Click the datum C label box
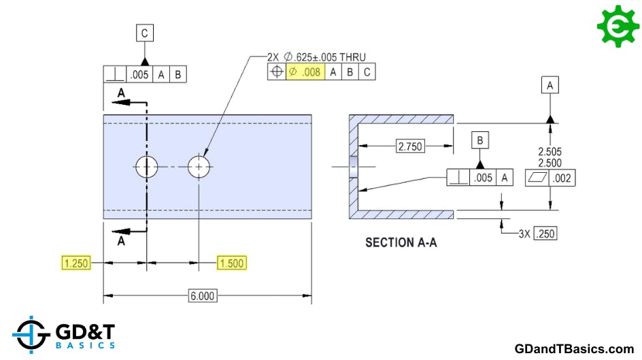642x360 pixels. [x=145, y=33]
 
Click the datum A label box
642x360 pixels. [x=550, y=84]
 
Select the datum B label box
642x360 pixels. [x=480, y=141]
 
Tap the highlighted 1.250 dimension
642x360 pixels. [x=75, y=263]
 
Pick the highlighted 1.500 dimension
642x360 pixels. [x=231, y=263]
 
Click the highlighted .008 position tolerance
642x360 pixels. [x=305, y=71]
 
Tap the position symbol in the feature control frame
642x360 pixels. [x=277, y=71]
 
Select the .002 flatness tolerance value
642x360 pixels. [x=564, y=178]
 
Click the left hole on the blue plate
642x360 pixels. [x=146, y=166]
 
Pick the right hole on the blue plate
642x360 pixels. [x=199, y=166]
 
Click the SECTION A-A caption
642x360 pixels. [x=401, y=242]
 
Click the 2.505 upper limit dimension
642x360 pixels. [x=550, y=152]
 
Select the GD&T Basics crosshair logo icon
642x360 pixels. [x=31, y=335]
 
